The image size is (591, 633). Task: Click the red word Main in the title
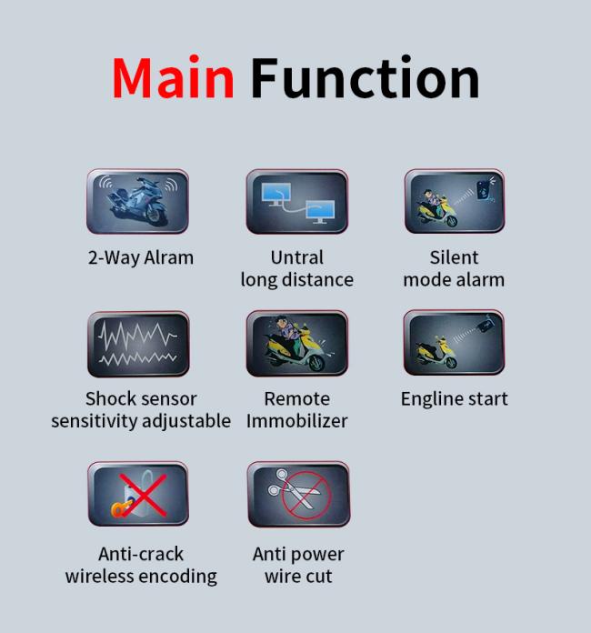pos(173,77)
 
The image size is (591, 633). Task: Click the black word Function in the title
pos(365,77)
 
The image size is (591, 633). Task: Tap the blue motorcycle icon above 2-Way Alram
pos(137,201)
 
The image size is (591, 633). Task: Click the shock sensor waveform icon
pos(138,344)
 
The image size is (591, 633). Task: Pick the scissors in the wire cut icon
pos(294,487)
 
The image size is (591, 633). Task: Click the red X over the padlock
pos(144,496)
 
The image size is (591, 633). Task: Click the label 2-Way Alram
pos(141,257)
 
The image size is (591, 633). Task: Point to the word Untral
pos(297,257)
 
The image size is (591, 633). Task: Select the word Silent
pos(454,257)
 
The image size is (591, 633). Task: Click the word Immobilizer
pos(297,421)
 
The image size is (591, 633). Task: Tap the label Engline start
pos(454,399)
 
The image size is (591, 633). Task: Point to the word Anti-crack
pos(141,554)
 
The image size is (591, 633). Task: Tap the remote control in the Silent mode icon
pos(485,189)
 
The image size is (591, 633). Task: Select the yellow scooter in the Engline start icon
pos(437,353)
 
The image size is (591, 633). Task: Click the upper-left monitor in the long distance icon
pos(276,194)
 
